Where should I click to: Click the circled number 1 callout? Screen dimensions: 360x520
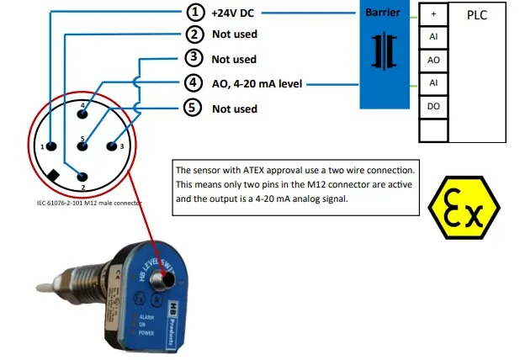tap(194, 13)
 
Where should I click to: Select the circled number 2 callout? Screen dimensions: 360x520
tap(194, 34)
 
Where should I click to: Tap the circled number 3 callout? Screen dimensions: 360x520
tap(194, 59)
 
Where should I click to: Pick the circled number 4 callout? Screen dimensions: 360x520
tap(194, 83)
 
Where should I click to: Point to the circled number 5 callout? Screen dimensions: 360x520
tap(194, 109)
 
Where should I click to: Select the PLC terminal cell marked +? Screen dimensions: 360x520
tap(432, 14)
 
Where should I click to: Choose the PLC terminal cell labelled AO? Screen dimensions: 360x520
tap(432, 61)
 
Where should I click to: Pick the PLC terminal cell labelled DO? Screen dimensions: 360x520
tap(432, 107)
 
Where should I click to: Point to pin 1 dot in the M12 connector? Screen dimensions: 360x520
tap(51, 146)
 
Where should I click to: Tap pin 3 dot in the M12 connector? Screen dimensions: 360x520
tap(110, 146)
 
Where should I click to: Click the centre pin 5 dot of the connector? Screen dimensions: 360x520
tap(82, 146)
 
